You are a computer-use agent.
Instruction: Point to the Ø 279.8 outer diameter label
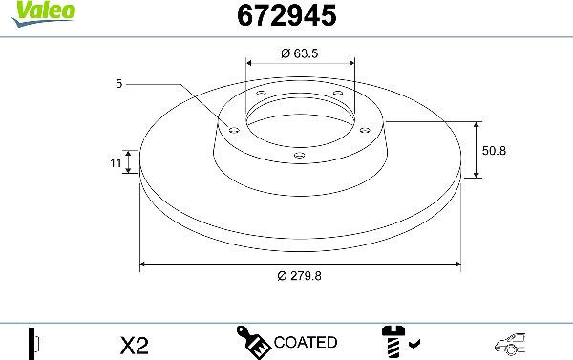coord(299,276)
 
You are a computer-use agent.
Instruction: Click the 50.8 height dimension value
coord(494,150)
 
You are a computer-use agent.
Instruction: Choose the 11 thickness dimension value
coord(116,163)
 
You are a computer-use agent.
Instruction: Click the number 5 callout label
coord(119,85)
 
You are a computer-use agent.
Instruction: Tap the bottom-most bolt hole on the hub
coord(299,154)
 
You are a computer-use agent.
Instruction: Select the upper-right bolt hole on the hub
coord(337,93)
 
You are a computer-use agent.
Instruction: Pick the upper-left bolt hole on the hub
coord(262,93)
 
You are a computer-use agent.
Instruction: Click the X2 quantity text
coord(136,343)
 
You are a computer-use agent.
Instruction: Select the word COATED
coord(305,342)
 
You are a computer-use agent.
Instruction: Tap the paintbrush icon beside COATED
coord(253,341)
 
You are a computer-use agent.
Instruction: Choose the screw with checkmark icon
coord(396,341)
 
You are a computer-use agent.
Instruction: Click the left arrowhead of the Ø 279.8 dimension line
coord(144,263)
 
